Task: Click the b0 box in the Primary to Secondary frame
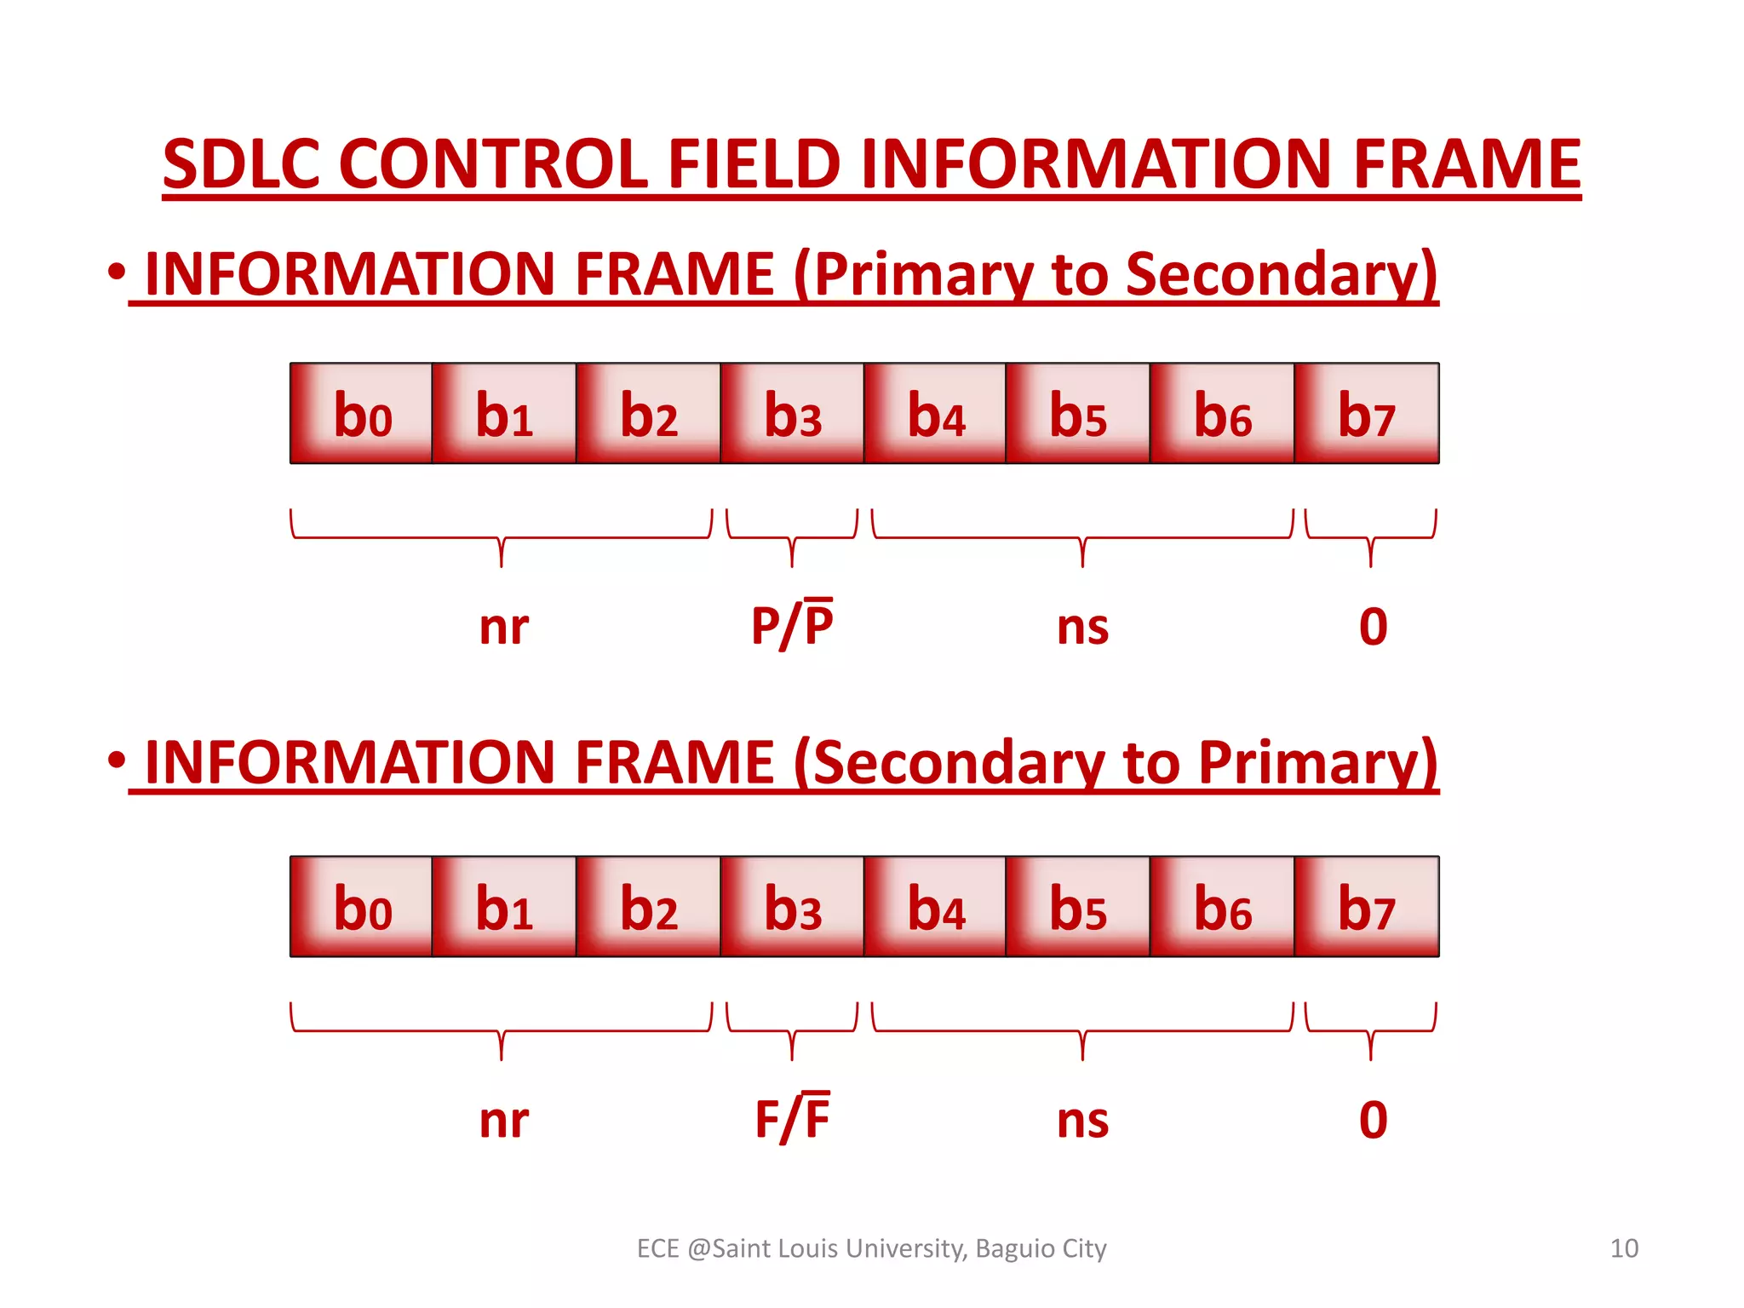[361, 414]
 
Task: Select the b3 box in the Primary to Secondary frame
[792, 414]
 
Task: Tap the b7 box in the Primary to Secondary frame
[1367, 414]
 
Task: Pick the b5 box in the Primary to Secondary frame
[1078, 414]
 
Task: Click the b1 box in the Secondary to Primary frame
[504, 907]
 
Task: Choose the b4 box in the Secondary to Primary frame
[935, 907]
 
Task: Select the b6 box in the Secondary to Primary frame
[1222, 907]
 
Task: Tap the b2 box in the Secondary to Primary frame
[648, 907]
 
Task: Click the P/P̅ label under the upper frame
[792, 625]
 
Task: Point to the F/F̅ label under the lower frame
[792, 1118]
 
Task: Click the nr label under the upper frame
[503, 628]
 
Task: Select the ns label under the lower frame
[1082, 1121]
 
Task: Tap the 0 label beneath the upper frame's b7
[1373, 627]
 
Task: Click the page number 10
[1624, 1248]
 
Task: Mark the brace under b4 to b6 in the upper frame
[1082, 537]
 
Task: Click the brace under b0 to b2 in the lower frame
[502, 1030]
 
